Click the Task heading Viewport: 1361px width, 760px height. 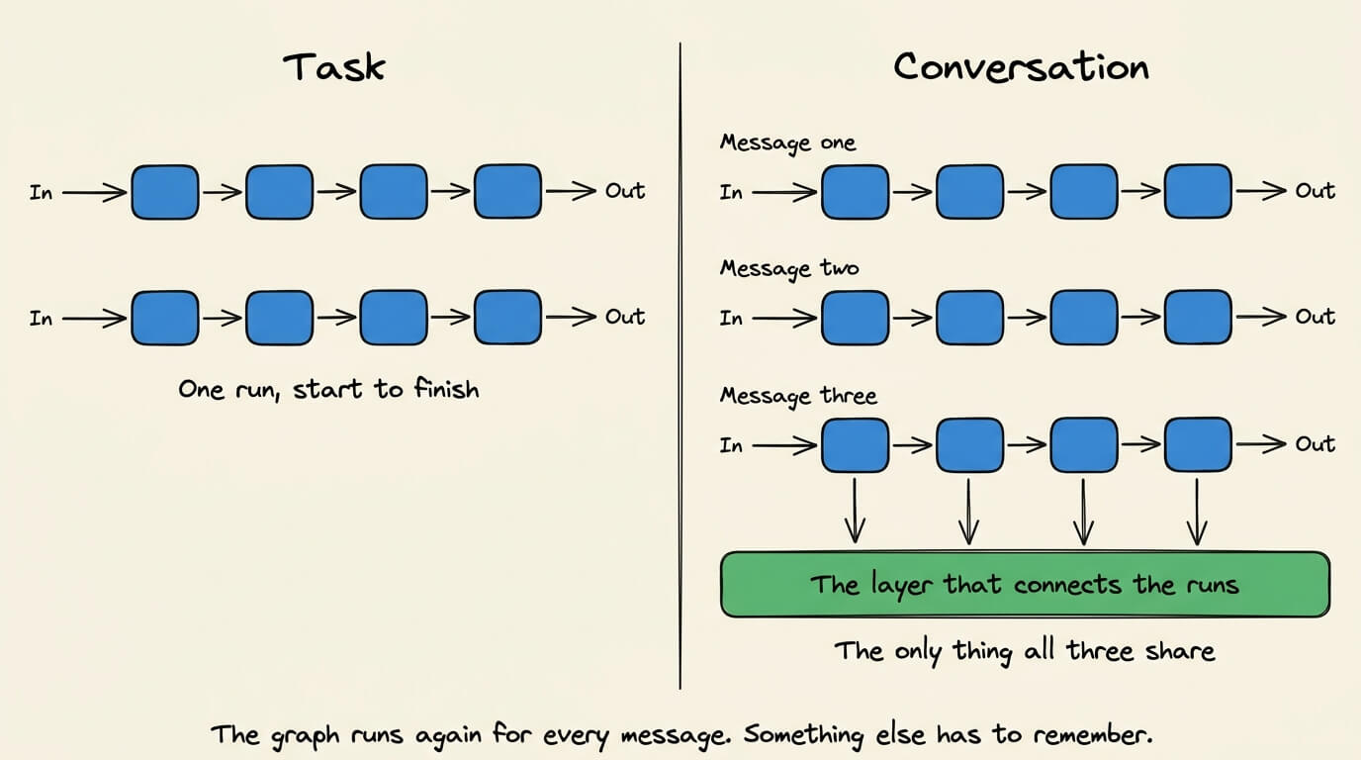pyautogui.click(x=334, y=67)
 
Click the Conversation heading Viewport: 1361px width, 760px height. pyautogui.click(x=1022, y=67)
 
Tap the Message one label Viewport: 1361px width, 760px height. pyautogui.click(x=788, y=143)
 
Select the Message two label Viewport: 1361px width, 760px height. pyautogui.click(x=789, y=269)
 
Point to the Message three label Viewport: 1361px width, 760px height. pyautogui.click(x=798, y=397)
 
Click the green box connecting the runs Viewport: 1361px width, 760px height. pyautogui.click(x=1025, y=584)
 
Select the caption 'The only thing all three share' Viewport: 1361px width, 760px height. pyautogui.click(x=1025, y=652)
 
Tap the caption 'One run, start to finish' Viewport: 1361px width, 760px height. pyautogui.click(x=328, y=390)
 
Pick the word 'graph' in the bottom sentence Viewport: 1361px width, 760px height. pyautogui.click(x=305, y=736)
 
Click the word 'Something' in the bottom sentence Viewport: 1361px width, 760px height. pyautogui.click(x=802, y=735)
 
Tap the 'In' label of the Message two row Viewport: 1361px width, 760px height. pyautogui.click(x=731, y=318)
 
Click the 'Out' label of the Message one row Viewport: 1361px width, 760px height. pyautogui.click(x=1315, y=191)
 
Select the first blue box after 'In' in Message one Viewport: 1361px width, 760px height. pyautogui.click(x=855, y=192)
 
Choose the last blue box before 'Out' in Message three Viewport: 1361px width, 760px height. pyautogui.click(x=1198, y=444)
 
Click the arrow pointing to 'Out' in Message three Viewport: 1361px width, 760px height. pyautogui.click(x=1261, y=444)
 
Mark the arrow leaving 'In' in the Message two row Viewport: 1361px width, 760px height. pyautogui.click(x=784, y=318)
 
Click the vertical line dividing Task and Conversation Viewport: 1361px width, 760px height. pyautogui.click(x=680, y=365)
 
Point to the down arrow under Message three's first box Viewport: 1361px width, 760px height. pyautogui.click(x=855, y=510)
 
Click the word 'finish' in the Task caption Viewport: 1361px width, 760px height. pyautogui.click(x=447, y=389)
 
